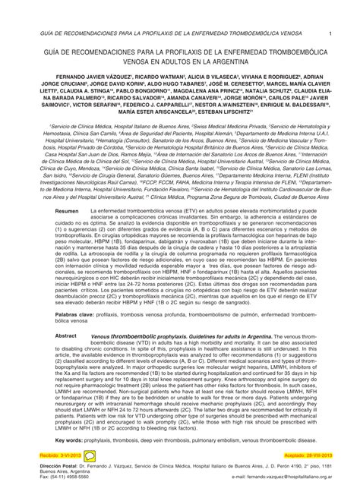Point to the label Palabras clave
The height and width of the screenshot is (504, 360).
click(x=75, y=312)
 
